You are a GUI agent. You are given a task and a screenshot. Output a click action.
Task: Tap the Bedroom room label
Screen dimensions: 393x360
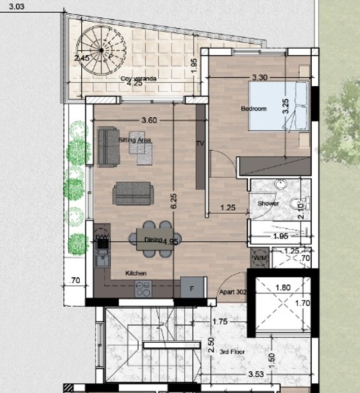coord(253,109)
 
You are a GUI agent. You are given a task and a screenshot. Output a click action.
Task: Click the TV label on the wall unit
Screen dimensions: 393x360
coord(200,144)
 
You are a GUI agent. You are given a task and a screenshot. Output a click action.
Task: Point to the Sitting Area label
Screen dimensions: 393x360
coord(135,139)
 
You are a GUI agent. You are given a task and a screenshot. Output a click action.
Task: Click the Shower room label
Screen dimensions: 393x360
coord(268,204)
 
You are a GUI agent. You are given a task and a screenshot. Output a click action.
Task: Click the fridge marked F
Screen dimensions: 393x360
coord(192,288)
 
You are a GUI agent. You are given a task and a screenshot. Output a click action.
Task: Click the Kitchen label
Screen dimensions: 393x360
coord(136,273)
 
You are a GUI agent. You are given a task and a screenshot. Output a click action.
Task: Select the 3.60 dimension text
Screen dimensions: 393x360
coord(149,120)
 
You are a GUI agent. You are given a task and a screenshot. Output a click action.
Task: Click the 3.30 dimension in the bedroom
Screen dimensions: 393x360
coord(259,78)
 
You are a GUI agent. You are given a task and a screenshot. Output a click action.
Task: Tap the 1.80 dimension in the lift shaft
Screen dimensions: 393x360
coord(282,288)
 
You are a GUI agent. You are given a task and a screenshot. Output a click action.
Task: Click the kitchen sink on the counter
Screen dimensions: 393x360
coord(100,261)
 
